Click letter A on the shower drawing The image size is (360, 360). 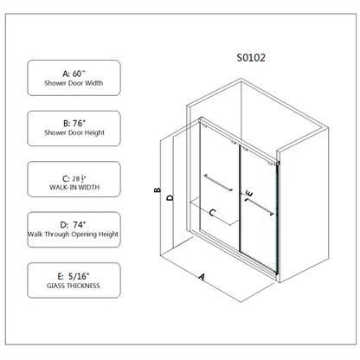(202, 277)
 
